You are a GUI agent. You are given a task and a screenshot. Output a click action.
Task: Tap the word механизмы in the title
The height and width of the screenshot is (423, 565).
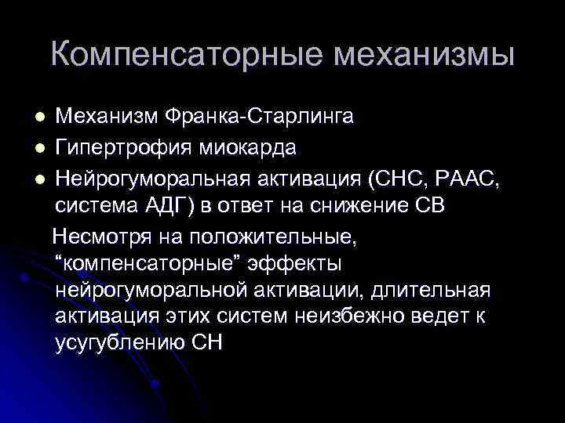424,54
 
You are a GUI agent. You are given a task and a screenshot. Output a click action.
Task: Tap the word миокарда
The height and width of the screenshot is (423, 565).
254,146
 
